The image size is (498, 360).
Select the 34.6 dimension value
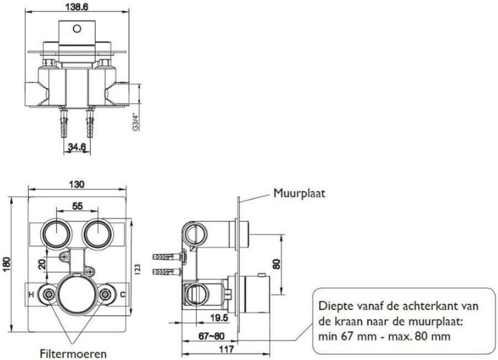pos(76,148)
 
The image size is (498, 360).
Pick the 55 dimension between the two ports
pos(77,205)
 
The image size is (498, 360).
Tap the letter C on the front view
pos(122,294)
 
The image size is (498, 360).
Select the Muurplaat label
pos(299,193)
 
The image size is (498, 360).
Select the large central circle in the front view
pos(78,294)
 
